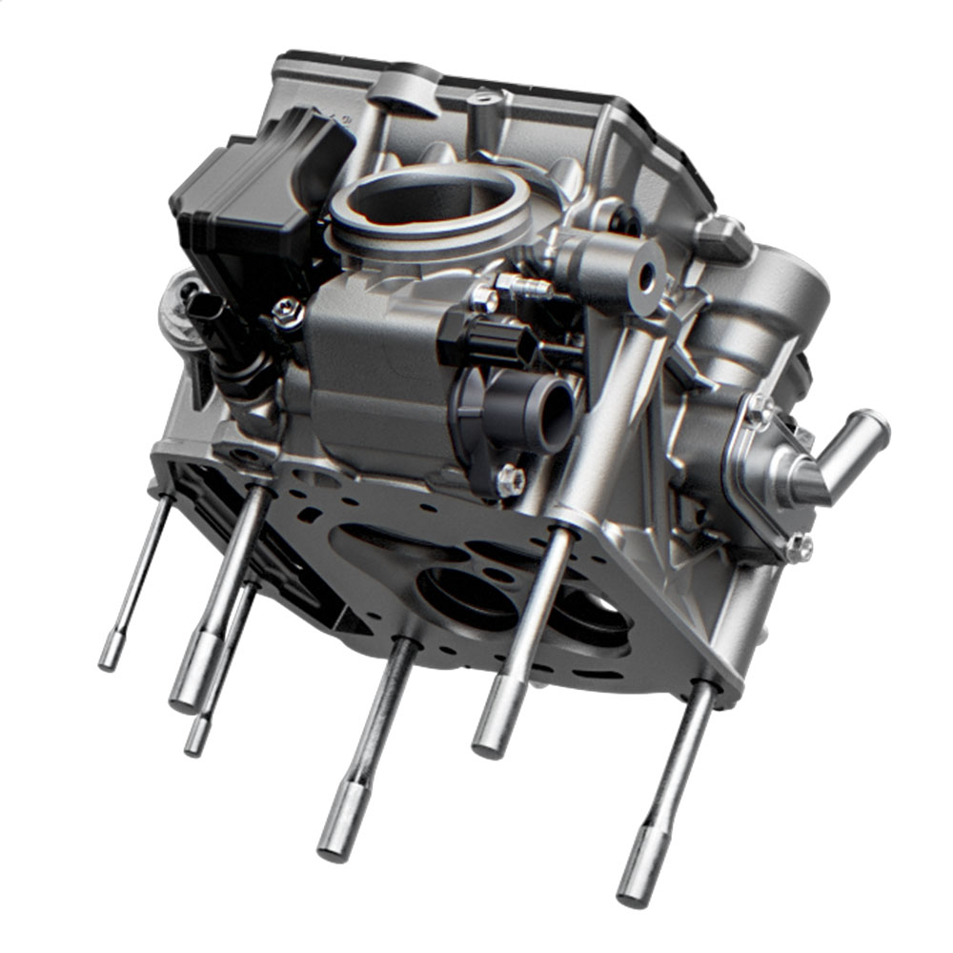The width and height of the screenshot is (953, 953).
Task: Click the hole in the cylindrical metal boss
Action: tap(648, 277)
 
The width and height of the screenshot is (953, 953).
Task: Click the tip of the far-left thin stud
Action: tap(111, 656)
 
